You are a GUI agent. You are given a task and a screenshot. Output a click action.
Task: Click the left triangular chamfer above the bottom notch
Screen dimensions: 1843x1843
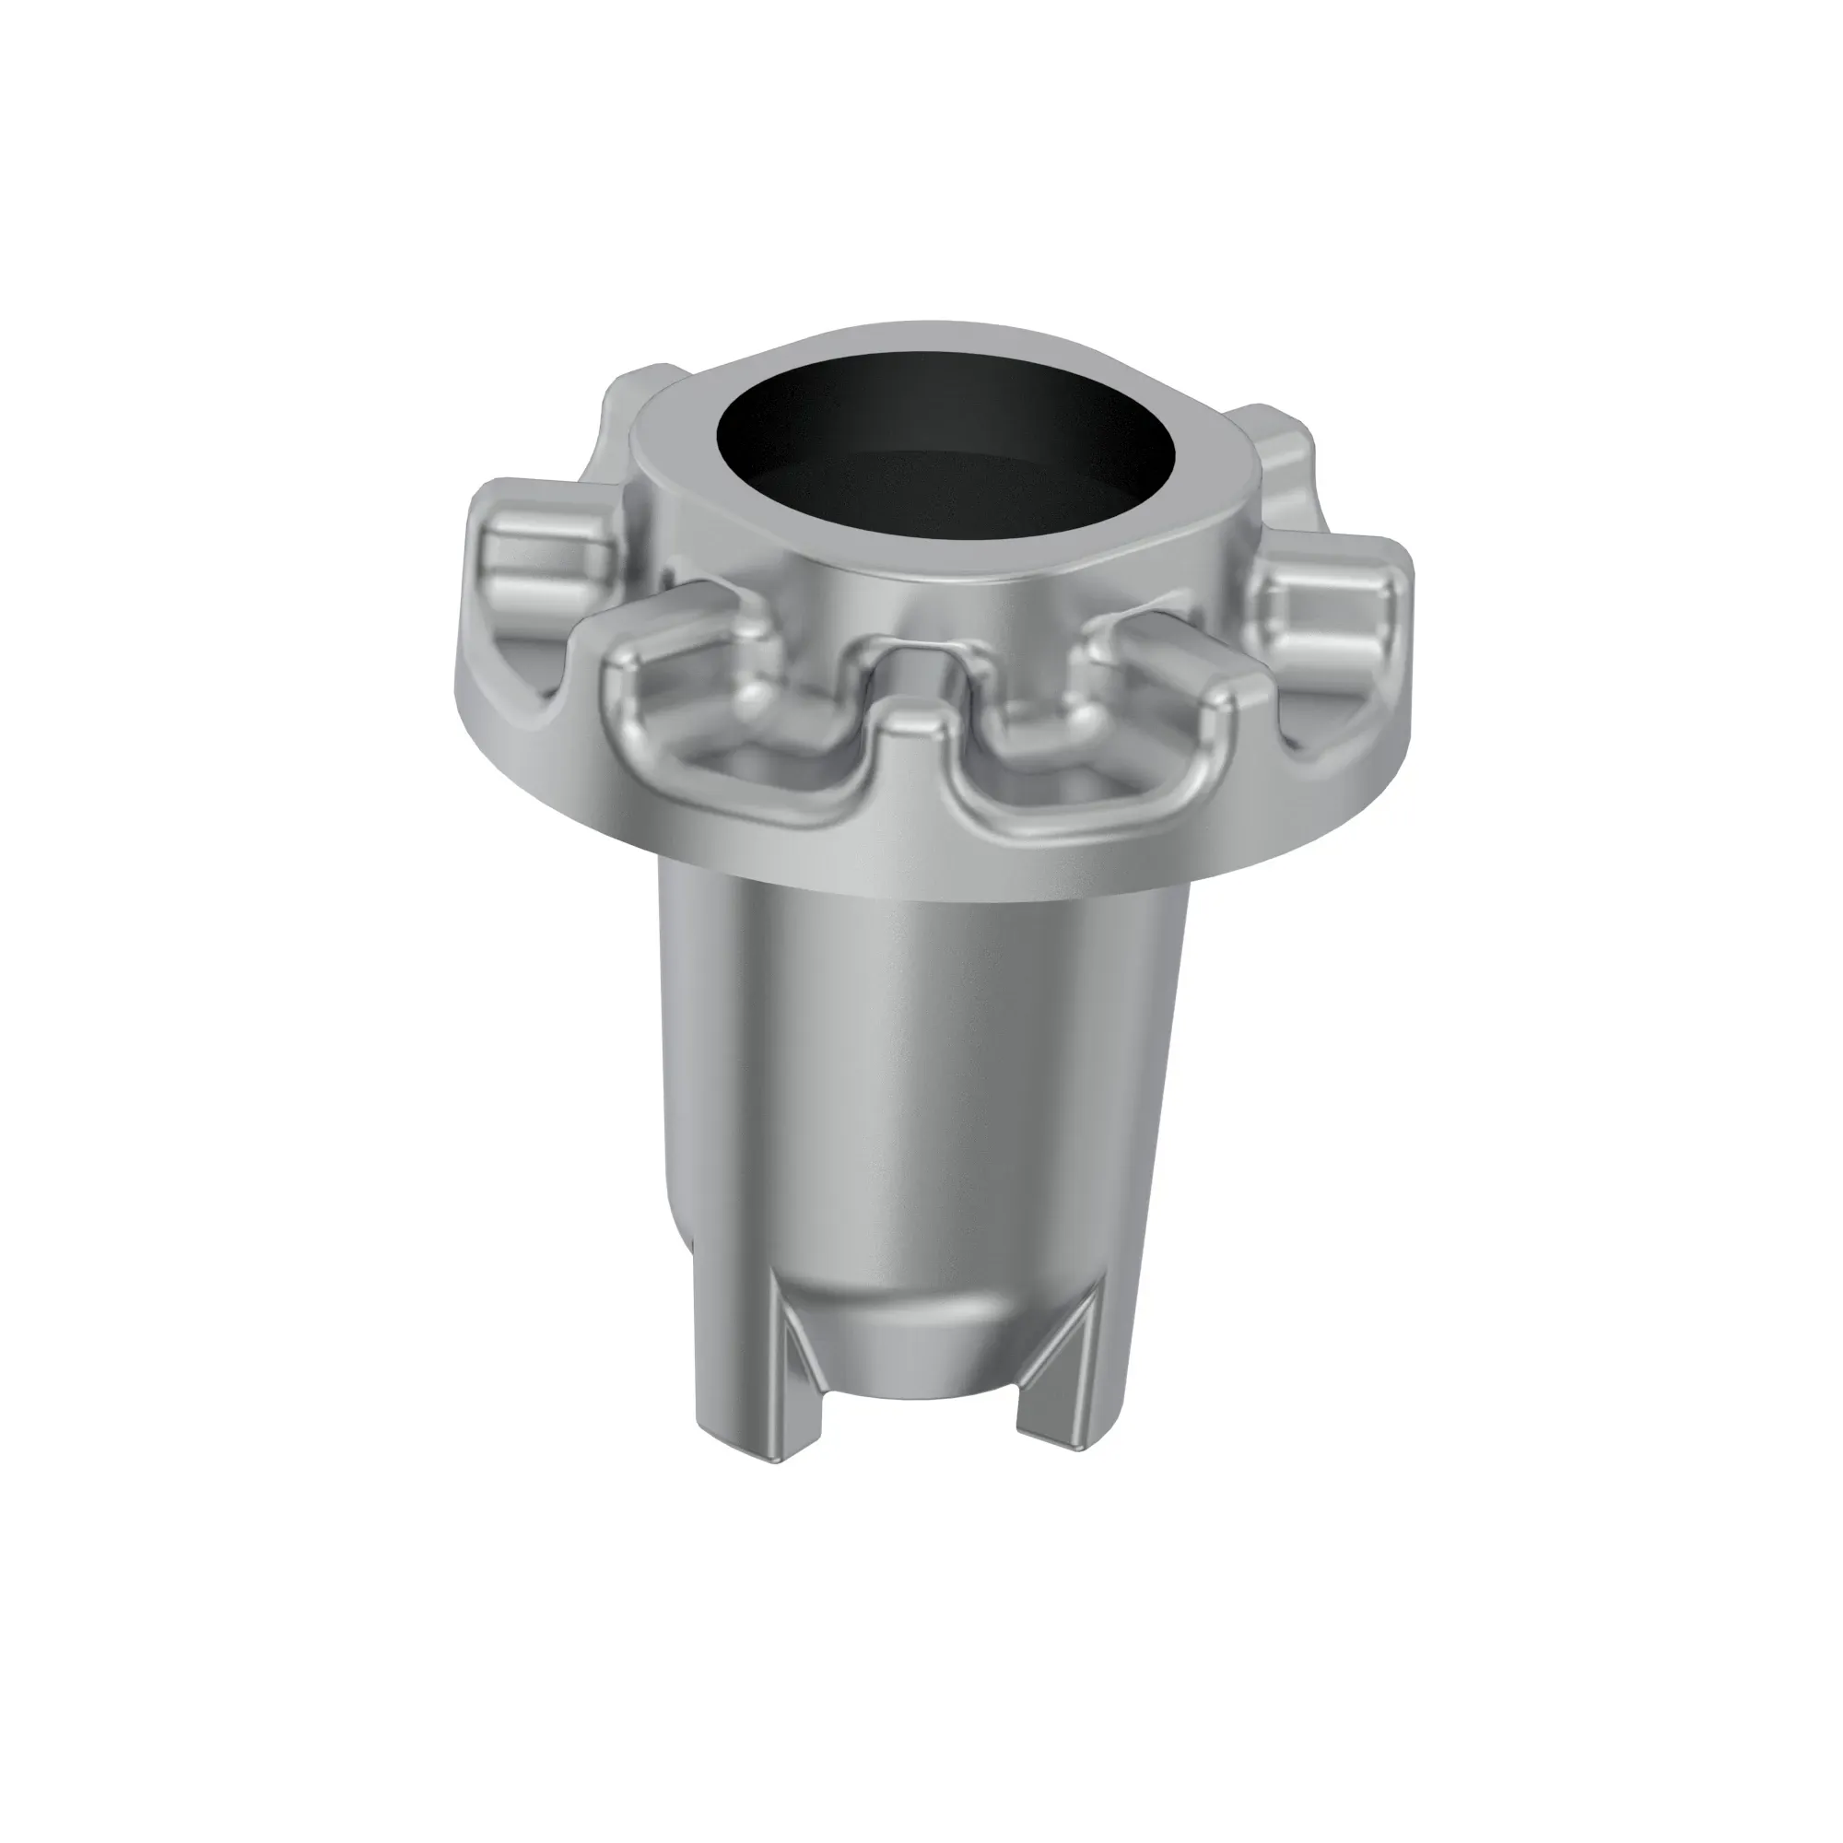pyautogui.click(x=799, y=1355)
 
